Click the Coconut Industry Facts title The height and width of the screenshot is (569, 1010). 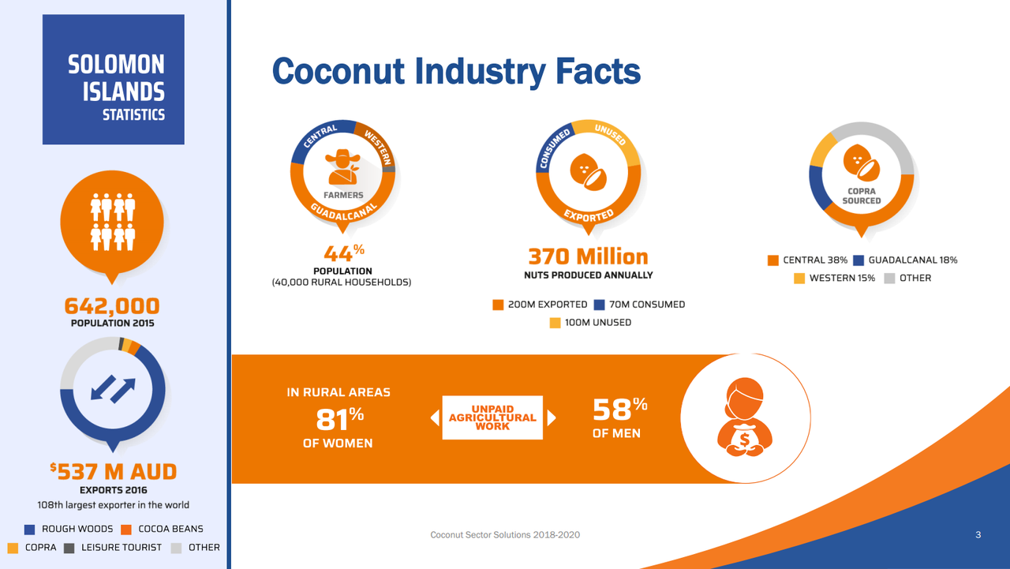click(456, 71)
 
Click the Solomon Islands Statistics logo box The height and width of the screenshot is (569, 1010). click(113, 80)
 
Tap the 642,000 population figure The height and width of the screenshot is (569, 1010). click(112, 305)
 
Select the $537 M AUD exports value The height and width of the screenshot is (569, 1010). click(113, 472)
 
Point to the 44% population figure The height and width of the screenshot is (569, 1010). click(343, 253)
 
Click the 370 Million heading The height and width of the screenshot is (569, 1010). click(588, 256)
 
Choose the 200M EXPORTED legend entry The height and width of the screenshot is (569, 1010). click(541, 305)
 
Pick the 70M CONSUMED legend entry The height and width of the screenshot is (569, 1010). click(639, 305)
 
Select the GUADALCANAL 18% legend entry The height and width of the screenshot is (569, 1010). click(905, 260)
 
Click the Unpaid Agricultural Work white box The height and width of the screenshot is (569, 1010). click(492, 417)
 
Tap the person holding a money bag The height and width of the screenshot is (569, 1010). click(741, 417)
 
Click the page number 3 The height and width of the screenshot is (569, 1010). click(978, 535)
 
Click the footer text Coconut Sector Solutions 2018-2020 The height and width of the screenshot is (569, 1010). click(505, 535)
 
